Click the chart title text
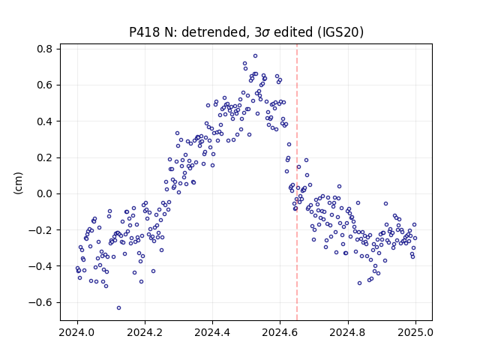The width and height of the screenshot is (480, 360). [x=247, y=32]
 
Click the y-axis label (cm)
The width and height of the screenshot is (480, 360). [x=18, y=183]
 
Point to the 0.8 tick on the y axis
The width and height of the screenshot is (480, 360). [x=45, y=49]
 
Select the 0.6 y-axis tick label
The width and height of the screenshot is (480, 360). [x=45, y=85]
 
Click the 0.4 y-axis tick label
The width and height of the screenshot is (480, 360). [x=45, y=121]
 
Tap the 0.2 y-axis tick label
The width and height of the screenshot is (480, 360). [x=45, y=157]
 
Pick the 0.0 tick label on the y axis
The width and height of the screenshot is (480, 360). [x=45, y=193]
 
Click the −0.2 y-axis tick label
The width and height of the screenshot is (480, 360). [x=40, y=230]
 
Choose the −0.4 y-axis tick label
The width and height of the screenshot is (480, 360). [x=40, y=266]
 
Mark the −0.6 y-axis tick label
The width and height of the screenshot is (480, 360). [x=40, y=302]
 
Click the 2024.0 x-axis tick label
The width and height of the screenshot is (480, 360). [x=77, y=332]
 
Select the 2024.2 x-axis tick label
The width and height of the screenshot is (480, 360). [x=145, y=332]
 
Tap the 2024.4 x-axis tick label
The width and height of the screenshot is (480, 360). [x=212, y=332]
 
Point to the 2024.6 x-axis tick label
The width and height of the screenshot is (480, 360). [x=280, y=332]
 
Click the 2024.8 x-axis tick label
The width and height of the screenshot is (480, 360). [x=348, y=332]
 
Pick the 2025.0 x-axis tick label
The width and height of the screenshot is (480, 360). [x=415, y=332]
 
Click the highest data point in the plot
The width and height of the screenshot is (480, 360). [x=255, y=56]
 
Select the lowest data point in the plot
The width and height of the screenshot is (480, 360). [x=118, y=308]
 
